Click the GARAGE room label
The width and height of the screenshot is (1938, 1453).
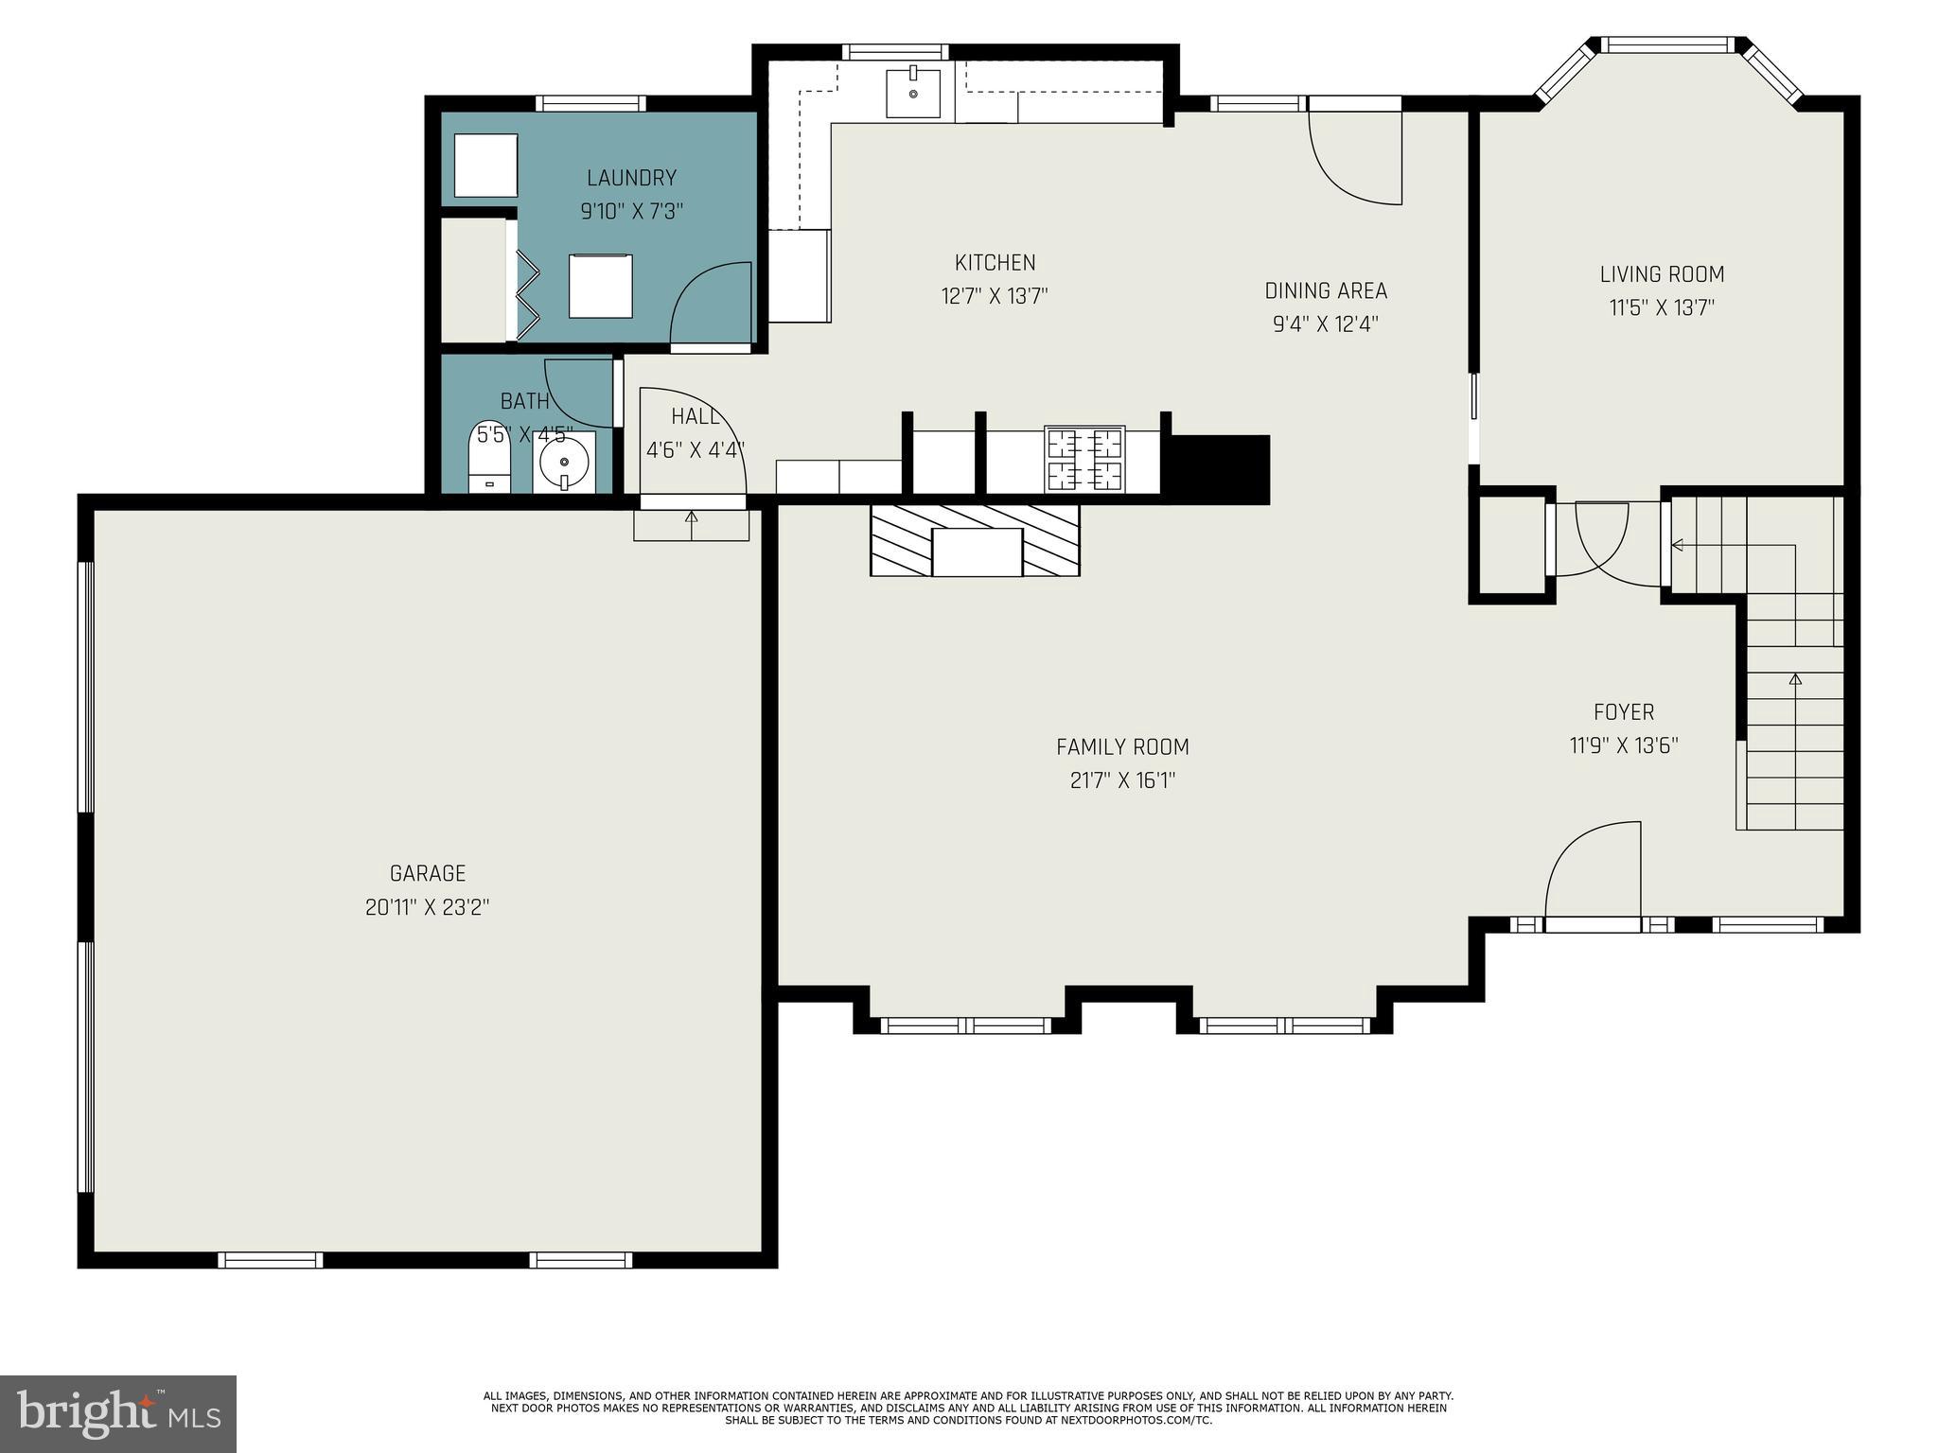(428, 872)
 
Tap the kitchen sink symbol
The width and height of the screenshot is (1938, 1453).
(913, 92)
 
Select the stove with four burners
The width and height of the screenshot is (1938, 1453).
(1084, 459)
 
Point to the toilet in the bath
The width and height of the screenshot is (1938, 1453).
(489, 459)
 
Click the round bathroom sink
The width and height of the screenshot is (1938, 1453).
(564, 463)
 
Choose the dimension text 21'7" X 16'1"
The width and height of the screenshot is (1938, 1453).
(1122, 780)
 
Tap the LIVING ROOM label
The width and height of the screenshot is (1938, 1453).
(1662, 274)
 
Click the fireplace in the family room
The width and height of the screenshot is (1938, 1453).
(976, 541)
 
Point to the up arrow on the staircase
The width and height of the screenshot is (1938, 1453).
(1795, 679)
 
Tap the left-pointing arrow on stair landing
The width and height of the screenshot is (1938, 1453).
(1677, 545)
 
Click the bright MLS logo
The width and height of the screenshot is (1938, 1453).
(118, 1413)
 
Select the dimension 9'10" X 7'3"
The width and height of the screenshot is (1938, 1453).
(631, 211)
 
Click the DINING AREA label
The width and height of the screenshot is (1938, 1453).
(1325, 290)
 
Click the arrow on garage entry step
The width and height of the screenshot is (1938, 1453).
(691, 517)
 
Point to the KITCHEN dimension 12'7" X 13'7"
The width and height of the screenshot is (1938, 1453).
(994, 296)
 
